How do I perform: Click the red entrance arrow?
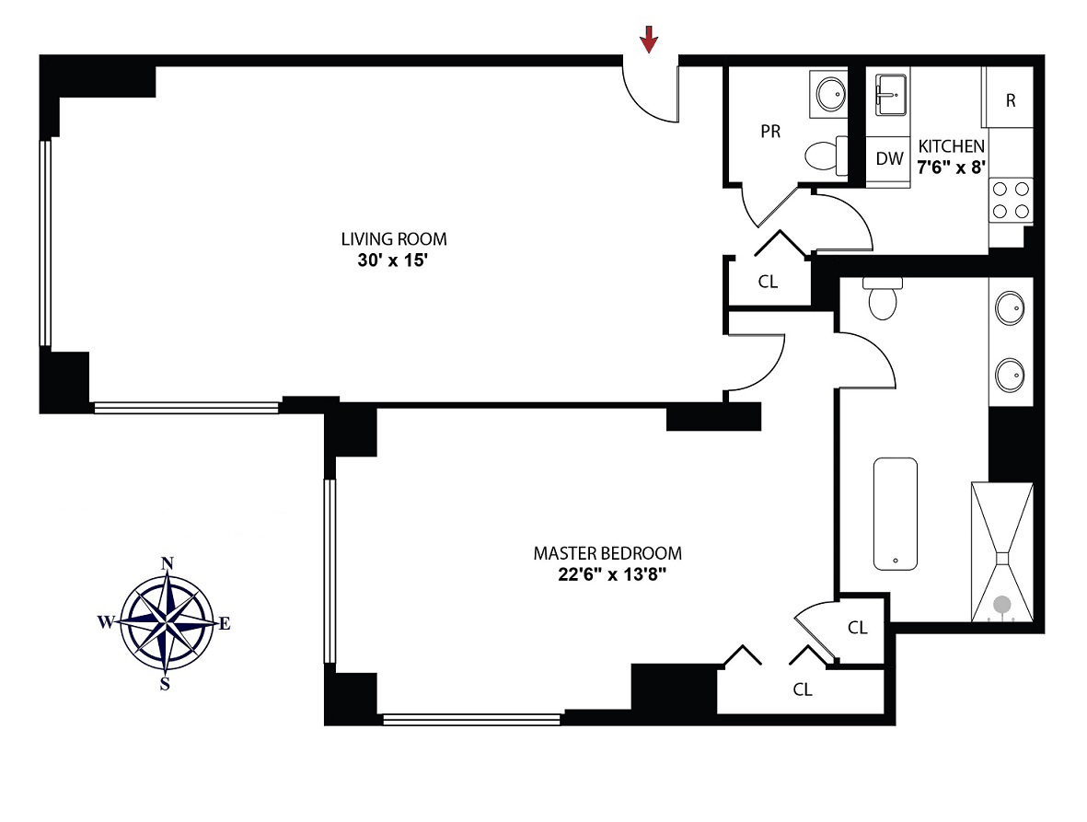(x=650, y=38)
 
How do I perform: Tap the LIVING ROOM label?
(x=394, y=239)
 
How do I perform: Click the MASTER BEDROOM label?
(x=607, y=553)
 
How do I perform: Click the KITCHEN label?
(x=952, y=146)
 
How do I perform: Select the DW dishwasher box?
(x=889, y=158)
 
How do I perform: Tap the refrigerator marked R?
(x=1011, y=100)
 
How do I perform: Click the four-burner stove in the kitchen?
(x=1010, y=200)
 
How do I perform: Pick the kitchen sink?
(x=889, y=94)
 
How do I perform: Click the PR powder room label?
(x=770, y=132)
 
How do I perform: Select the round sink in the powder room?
(x=831, y=93)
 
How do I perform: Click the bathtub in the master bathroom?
(x=896, y=513)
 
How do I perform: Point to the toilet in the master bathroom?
(x=882, y=300)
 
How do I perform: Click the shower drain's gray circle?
(x=1002, y=605)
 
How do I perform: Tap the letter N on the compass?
(x=168, y=563)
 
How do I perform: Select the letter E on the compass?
(x=225, y=623)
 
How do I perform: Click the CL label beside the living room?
(x=768, y=283)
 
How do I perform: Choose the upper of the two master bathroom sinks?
(x=1011, y=305)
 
